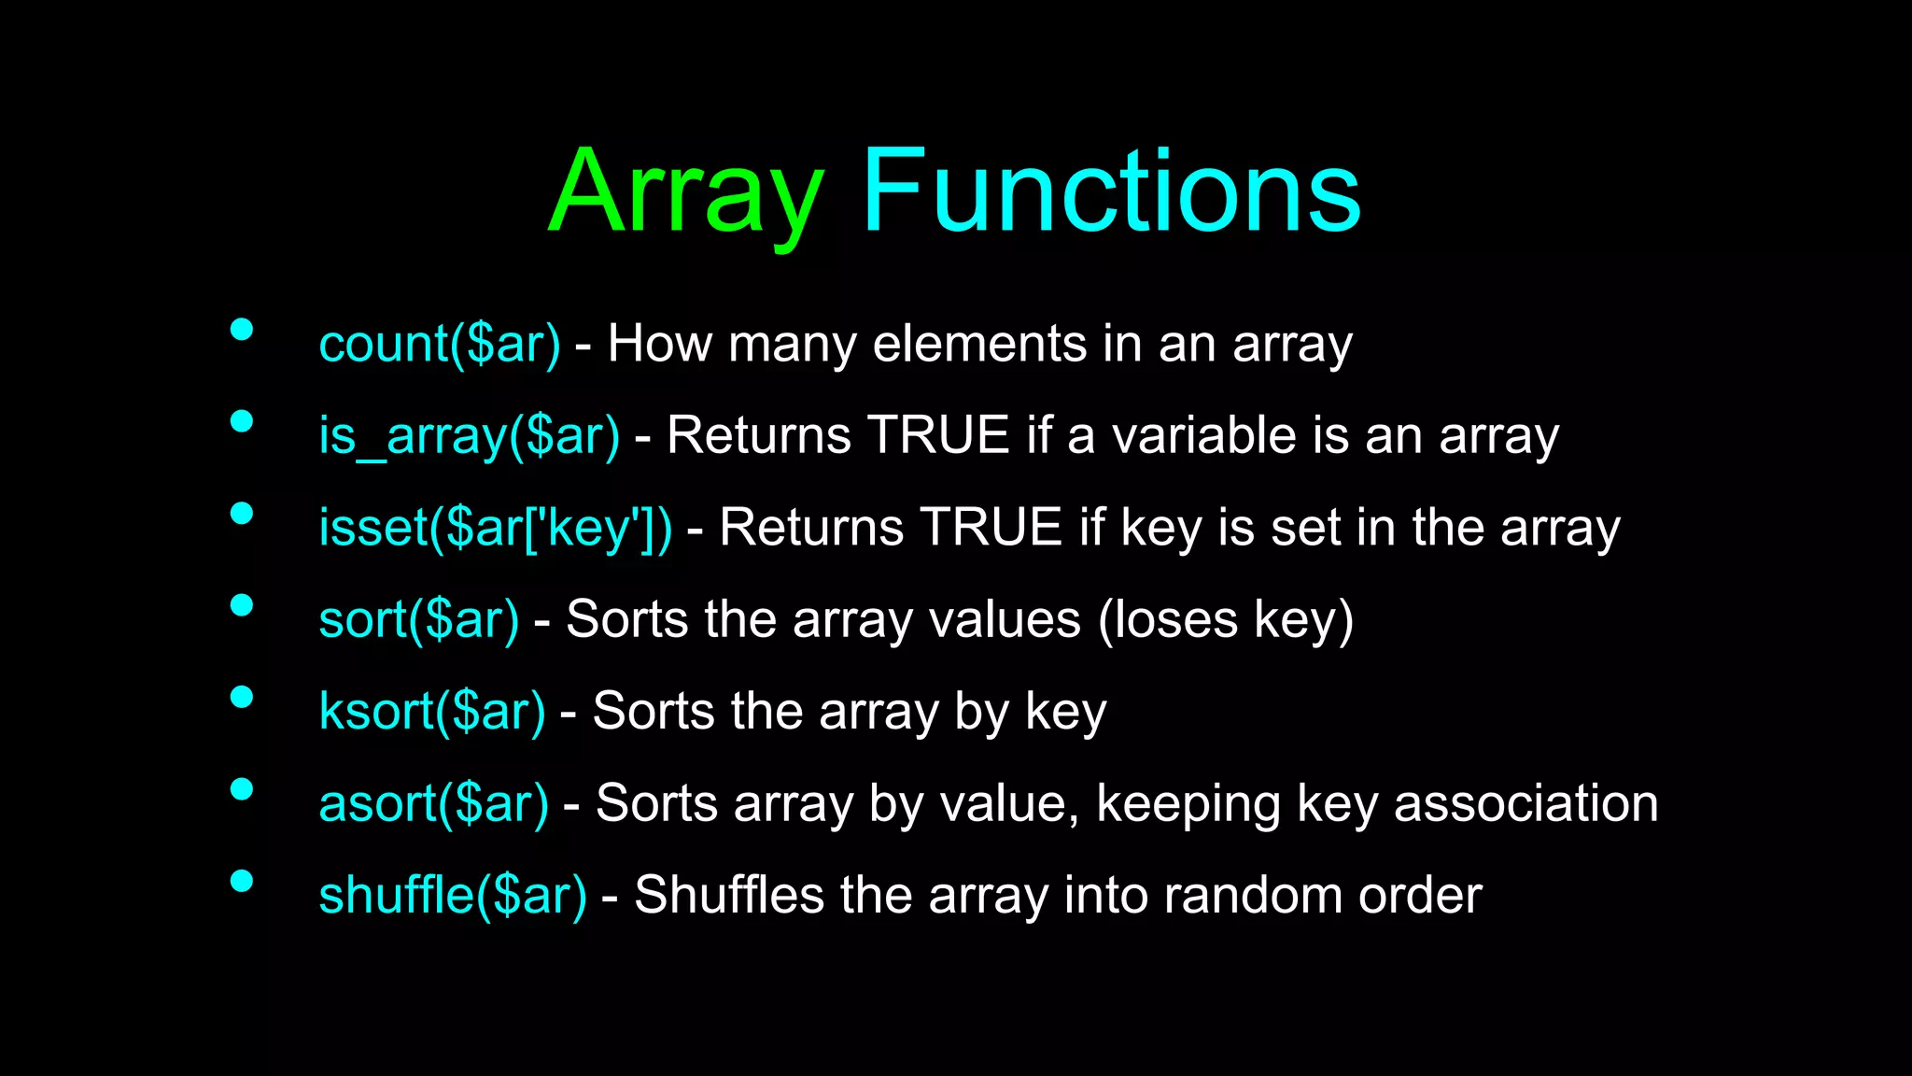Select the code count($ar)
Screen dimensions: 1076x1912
440,344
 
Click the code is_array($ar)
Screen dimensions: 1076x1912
469,436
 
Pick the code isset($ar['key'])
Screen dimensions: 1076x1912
495,528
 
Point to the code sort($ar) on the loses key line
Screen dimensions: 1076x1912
418,619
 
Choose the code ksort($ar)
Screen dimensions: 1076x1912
431,712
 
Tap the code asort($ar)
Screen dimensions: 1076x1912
433,803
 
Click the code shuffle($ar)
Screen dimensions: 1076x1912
453,895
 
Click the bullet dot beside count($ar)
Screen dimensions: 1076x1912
242,329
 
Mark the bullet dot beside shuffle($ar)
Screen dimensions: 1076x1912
242,881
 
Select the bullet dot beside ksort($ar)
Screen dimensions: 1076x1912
242,697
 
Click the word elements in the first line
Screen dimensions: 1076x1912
979,344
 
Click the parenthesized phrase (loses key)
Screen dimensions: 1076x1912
1225,619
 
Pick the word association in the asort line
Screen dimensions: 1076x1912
1525,803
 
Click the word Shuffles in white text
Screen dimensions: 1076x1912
729,895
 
